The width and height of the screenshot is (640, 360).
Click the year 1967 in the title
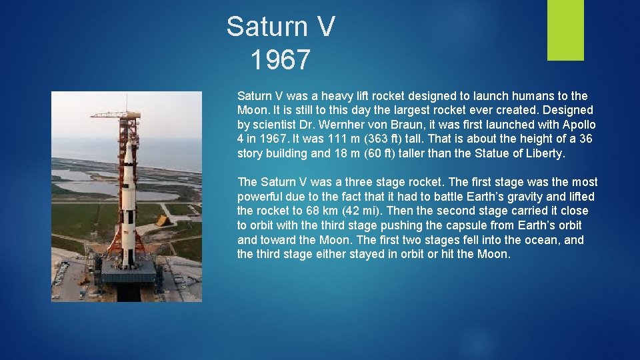pos(281,60)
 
